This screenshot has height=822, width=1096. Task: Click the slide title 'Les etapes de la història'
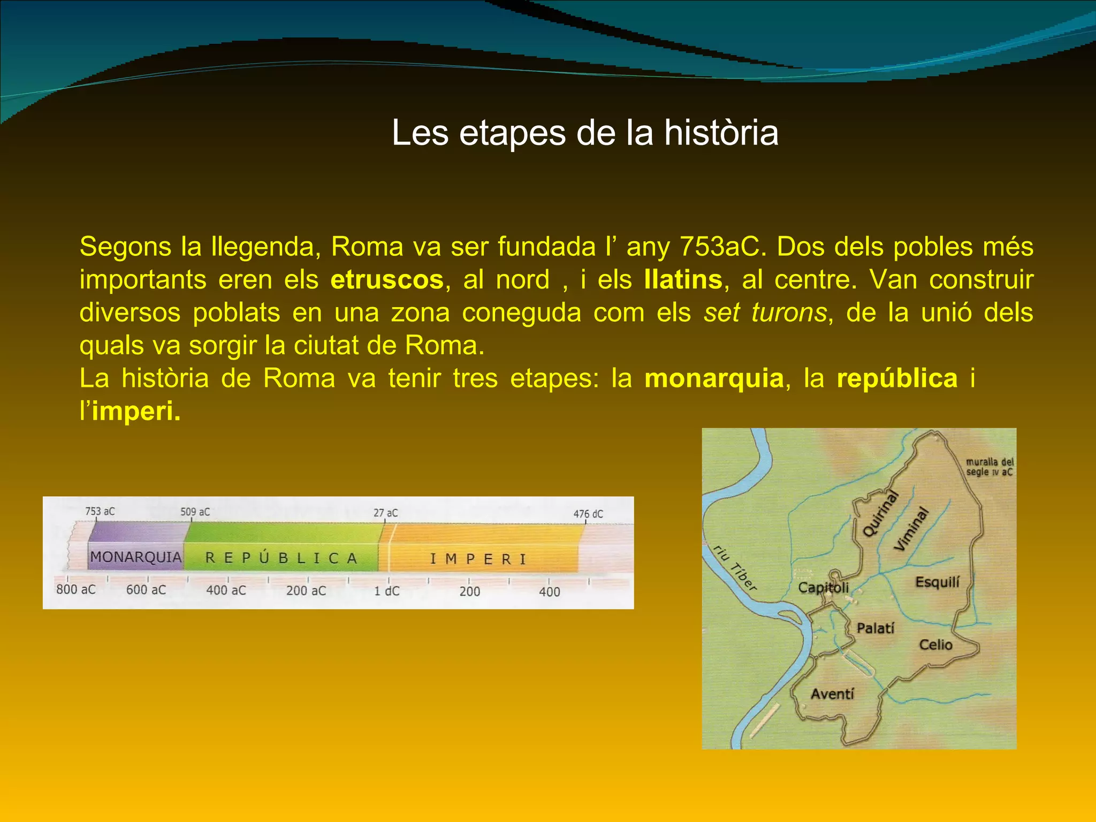point(584,133)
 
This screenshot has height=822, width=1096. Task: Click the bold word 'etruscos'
point(387,280)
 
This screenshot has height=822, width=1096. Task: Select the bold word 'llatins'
point(683,280)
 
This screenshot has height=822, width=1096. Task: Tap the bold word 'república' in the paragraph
point(897,378)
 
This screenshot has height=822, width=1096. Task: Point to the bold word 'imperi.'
point(136,411)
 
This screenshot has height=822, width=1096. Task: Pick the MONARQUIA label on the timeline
point(136,557)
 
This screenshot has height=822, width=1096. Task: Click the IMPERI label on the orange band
point(478,559)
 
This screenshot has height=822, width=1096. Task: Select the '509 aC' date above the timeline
point(195,512)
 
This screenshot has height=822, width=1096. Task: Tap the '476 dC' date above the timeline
point(588,514)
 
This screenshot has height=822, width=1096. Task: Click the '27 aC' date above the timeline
point(385,513)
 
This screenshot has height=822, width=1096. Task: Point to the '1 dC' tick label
point(386,591)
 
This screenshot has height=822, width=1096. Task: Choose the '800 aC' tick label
point(76,589)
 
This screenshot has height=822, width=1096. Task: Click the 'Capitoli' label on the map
point(823,588)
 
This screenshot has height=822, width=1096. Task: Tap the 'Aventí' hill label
point(832,694)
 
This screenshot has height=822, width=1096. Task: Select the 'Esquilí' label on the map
point(938,582)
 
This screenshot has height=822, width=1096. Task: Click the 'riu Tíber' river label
point(735,568)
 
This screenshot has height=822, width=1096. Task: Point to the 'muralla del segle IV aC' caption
point(990,467)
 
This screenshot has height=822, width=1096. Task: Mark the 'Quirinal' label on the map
point(880,514)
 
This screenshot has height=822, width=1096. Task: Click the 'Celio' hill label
point(935,644)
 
